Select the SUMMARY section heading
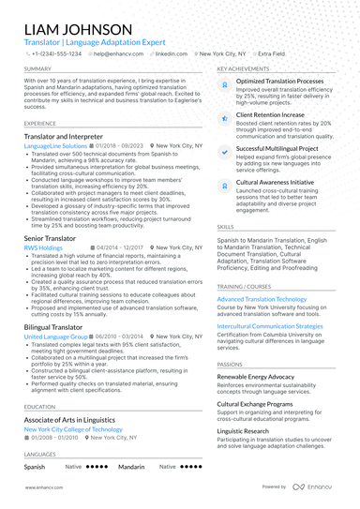tap(38, 69)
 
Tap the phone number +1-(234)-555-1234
tap(57, 54)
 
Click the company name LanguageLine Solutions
tap(57, 146)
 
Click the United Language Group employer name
tap(56, 336)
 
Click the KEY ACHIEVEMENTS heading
tap(246, 69)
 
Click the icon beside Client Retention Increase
tap(225, 116)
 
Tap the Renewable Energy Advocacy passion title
tap(271, 375)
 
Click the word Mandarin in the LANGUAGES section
tap(131, 466)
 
